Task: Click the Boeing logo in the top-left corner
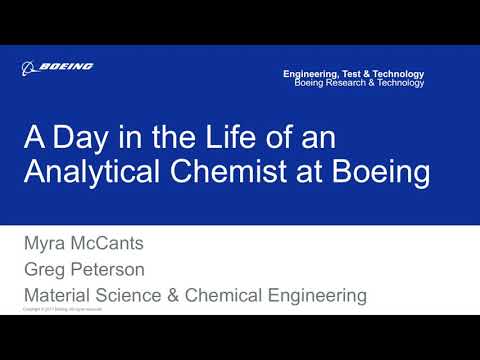[57, 67]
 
